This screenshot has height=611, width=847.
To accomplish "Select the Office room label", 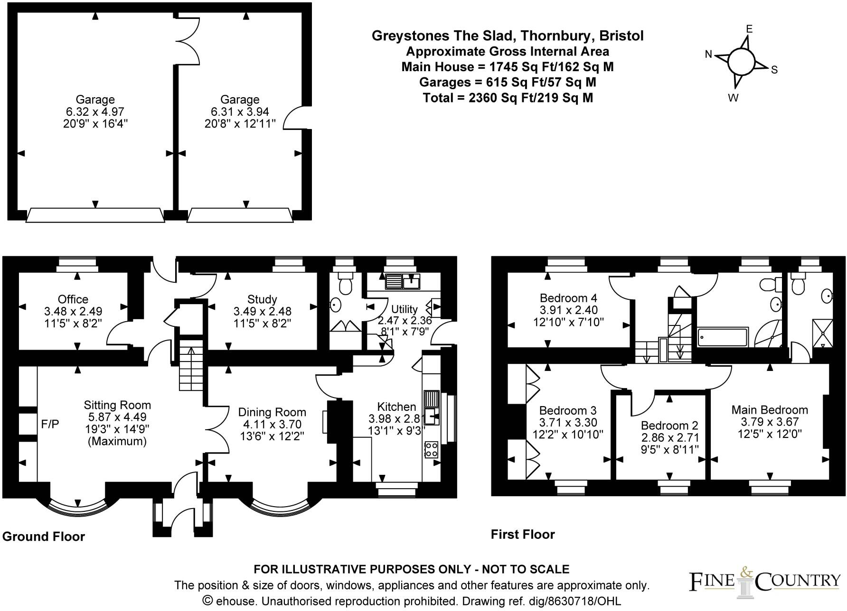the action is coord(73,299).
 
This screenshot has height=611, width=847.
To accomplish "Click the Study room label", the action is coord(262,299).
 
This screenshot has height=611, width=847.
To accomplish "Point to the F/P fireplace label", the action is coord(50,424).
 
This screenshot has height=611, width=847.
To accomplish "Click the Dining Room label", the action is coord(272,412).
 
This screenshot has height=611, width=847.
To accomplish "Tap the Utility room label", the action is coord(405,309).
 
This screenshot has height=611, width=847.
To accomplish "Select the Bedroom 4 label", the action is coord(568,298).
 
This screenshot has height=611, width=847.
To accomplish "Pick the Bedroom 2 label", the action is coord(669,426).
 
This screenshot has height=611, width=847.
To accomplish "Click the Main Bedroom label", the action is coord(770,410).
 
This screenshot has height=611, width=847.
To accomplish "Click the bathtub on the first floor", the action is coord(723,337).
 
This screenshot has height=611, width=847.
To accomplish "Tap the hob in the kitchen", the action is coord(431,449).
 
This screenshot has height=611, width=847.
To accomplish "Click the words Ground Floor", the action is coord(44,537).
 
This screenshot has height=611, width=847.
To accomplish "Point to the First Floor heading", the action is coord(523,534).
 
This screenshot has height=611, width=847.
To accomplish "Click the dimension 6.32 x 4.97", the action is coord(95,112).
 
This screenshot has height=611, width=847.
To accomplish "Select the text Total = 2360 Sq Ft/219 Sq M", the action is coord(508,98).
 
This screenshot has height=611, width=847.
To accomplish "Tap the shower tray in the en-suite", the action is coord(823,333).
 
